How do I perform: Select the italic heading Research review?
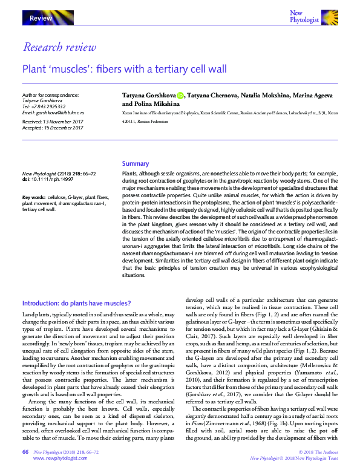[x=59, y=47]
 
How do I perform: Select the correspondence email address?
[x=53, y=113]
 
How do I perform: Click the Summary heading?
[x=135, y=164]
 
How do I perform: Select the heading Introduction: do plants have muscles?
[x=76, y=303]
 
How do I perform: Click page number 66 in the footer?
[x=25, y=452]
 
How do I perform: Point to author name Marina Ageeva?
[x=315, y=96]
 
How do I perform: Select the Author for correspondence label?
[x=50, y=96]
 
